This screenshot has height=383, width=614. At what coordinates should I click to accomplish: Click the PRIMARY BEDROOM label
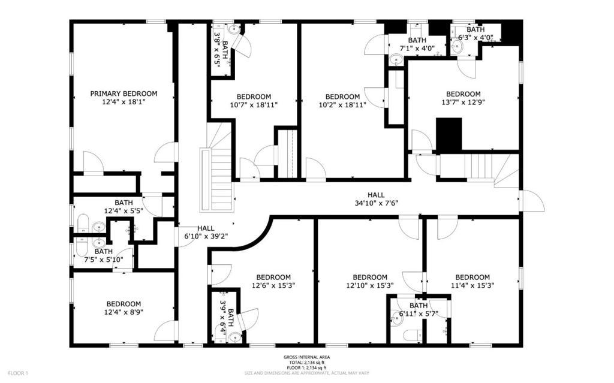click(x=124, y=94)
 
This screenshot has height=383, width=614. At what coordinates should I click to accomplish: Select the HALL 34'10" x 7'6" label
click(x=376, y=199)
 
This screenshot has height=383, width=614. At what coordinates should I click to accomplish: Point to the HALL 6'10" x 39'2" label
click(x=206, y=232)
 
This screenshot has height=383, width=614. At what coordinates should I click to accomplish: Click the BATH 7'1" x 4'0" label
click(x=417, y=44)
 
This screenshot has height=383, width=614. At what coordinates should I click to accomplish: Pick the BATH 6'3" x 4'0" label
click(x=475, y=34)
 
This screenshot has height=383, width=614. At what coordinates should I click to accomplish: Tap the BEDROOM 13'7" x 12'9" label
click(x=463, y=98)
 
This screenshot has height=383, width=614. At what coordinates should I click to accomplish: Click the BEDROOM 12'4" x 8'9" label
click(x=124, y=308)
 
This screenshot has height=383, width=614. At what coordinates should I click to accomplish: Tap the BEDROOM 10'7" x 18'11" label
click(x=254, y=101)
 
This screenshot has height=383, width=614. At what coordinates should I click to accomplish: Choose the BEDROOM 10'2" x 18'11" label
click(x=342, y=101)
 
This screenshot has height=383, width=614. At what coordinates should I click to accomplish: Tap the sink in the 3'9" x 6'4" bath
click(x=234, y=337)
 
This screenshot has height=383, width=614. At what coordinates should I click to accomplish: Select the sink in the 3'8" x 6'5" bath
click(x=234, y=29)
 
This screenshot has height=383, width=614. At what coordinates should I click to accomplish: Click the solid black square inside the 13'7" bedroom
click(x=449, y=134)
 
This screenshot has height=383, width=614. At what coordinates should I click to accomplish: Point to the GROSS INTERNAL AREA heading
click(x=306, y=357)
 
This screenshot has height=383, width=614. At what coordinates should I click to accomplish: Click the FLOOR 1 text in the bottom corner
click(x=18, y=373)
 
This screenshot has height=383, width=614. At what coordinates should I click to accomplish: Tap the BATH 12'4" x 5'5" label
click(x=124, y=207)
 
